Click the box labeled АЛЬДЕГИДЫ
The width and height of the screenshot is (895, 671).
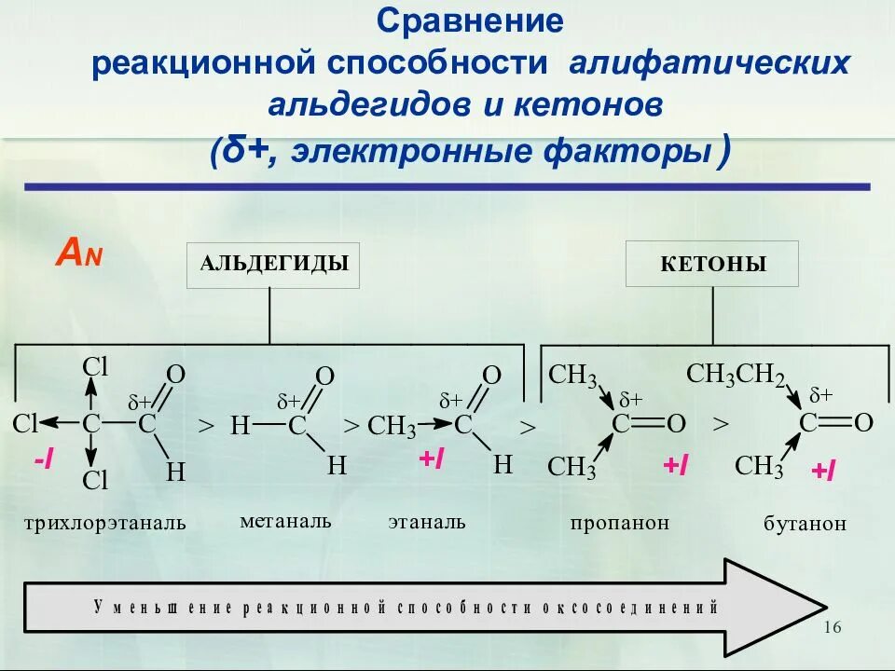[273, 265]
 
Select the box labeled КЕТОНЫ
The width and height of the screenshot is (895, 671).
[712, 264]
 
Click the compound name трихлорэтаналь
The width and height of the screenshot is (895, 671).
[105, 523]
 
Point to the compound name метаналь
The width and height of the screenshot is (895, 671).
[285, 520]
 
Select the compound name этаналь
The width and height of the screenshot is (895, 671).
[427, 521]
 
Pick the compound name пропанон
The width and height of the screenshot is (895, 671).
[620, 523]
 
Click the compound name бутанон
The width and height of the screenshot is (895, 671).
[805, 524]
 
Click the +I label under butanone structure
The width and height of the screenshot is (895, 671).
[822, 472]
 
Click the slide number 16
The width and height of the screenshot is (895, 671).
[833, 627]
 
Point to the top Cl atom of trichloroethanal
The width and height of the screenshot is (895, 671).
[96, 366]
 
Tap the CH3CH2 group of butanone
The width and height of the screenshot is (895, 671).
[736, 375]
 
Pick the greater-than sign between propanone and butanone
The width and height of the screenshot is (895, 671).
[720, 424]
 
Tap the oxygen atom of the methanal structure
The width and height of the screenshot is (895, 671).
[324, 377]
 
